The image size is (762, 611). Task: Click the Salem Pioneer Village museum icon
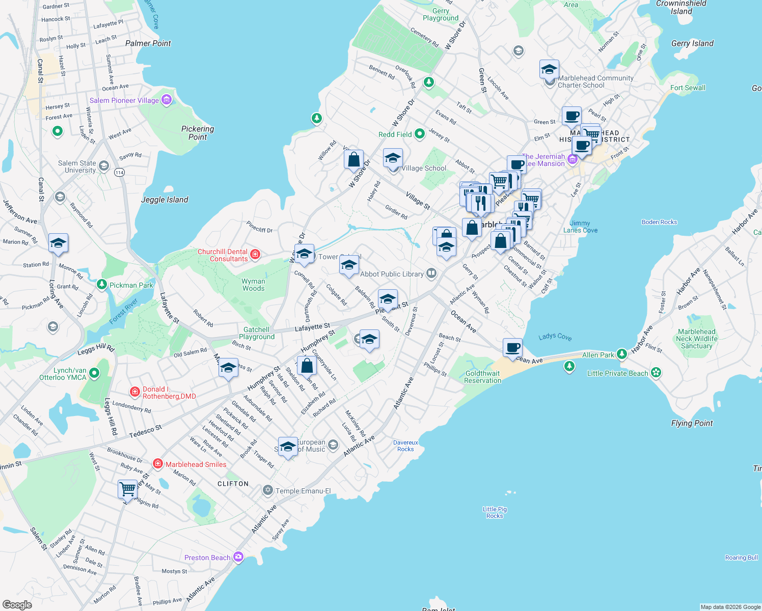click(167, 100)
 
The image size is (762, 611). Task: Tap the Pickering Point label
click(198, 133)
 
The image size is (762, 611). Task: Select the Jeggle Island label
click(165, 200)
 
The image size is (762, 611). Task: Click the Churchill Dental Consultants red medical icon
click(255, 254)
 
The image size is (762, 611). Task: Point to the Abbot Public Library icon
click(431, 273)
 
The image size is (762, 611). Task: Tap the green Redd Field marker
click(420, 134)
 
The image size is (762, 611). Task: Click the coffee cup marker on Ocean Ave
click(512, 347)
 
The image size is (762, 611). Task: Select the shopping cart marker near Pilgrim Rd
click(127, 489)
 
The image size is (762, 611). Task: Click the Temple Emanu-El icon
click(268, 490)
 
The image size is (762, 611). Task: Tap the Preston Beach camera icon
click(238, 557)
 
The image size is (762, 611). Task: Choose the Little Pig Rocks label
click(495, 512)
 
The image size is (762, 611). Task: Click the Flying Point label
click(692, 423)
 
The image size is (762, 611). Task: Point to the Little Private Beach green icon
click(656, 373)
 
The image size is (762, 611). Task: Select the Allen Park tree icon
click(621, 354)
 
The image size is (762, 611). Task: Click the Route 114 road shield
click(119, 172)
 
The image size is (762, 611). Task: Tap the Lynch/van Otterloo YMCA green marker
click(94, 374)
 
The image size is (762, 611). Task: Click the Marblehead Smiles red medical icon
click(158, 464)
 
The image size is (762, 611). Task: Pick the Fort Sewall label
click(688, 88)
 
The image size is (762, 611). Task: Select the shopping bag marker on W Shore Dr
click(353, 160)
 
